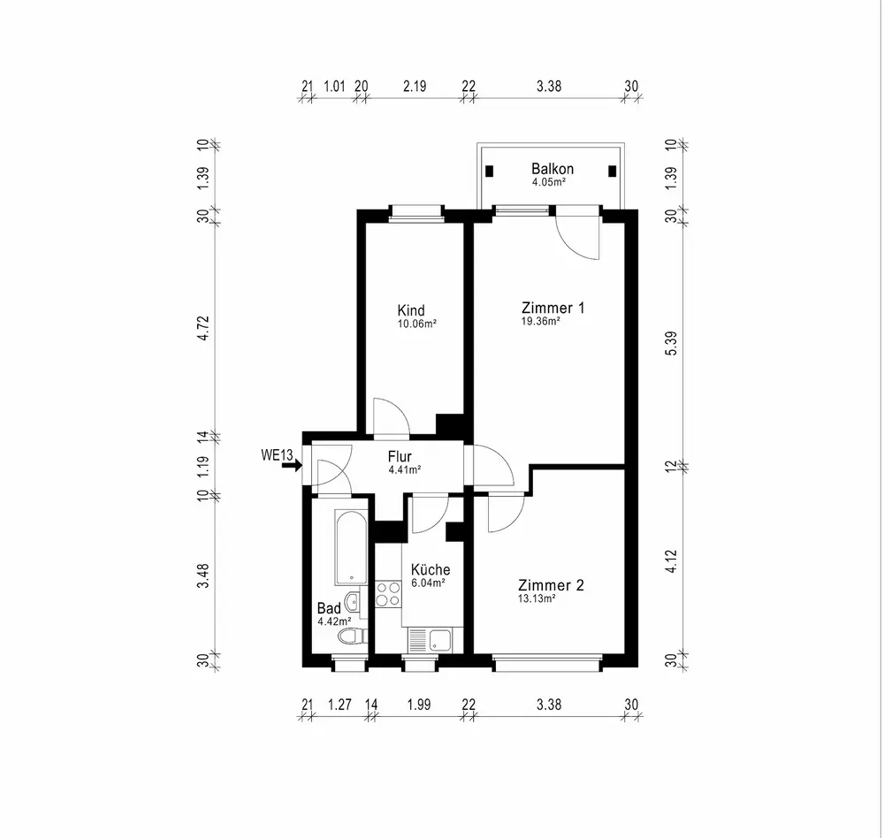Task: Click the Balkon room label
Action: pyautogui.click(x=552, y=169)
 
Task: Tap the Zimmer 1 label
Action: pyautogui.click(x=552, y=309)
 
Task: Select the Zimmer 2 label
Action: pyautogui.click(x=551, y=585)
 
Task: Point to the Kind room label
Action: pyautogui.click(x=411, y=310)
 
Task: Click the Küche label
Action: pyautogui.click(x=431, y=570)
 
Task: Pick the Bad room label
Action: pyautogui.click(x=329, y=608)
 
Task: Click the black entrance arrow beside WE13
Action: pyautogui.click(x=292, y=465)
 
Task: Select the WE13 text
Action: pyautogui.click(x=277, y=455)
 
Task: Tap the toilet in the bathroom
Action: pyautogui.click(x=351, y=636)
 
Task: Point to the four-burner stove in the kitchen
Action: pyautogui.click(x=388, y=593)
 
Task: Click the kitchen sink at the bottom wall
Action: pyautogui.click(x=431, y=639)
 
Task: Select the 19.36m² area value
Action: pyautogui.click(x=541, y=323)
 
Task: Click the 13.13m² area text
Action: pyautogui.click(x=537, y=598)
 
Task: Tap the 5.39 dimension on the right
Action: pyautogui.click(x=671, y=343)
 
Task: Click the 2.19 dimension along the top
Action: pyautogui.click(x=415, y=87)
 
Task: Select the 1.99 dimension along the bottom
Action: pyautogui.click(x=420, y=705)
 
